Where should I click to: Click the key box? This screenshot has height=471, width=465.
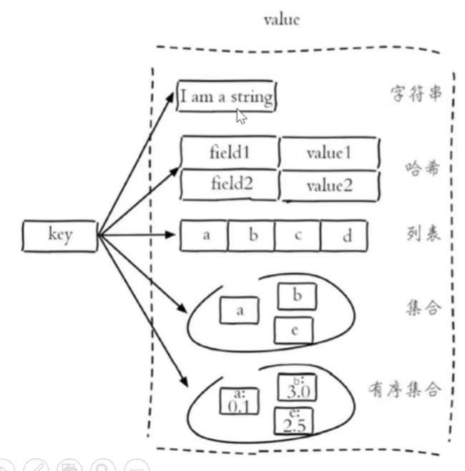tap(60, 235)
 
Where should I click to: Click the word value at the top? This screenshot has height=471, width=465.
tap(281, 20)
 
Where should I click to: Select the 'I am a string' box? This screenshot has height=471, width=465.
tap(226, 97)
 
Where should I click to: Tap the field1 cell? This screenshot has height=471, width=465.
tap(229, 152)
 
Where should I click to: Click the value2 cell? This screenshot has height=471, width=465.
tap(329, 185)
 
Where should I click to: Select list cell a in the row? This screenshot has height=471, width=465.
tap(205, 235)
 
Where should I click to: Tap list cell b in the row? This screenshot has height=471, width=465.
tap(251, 235)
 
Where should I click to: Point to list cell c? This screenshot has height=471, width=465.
tap(297, 235)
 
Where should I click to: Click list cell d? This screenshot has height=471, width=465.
tap(344, 235)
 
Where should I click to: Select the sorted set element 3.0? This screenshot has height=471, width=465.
tap(295, 390)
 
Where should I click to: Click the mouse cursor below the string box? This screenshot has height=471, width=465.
tap(241, 116)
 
